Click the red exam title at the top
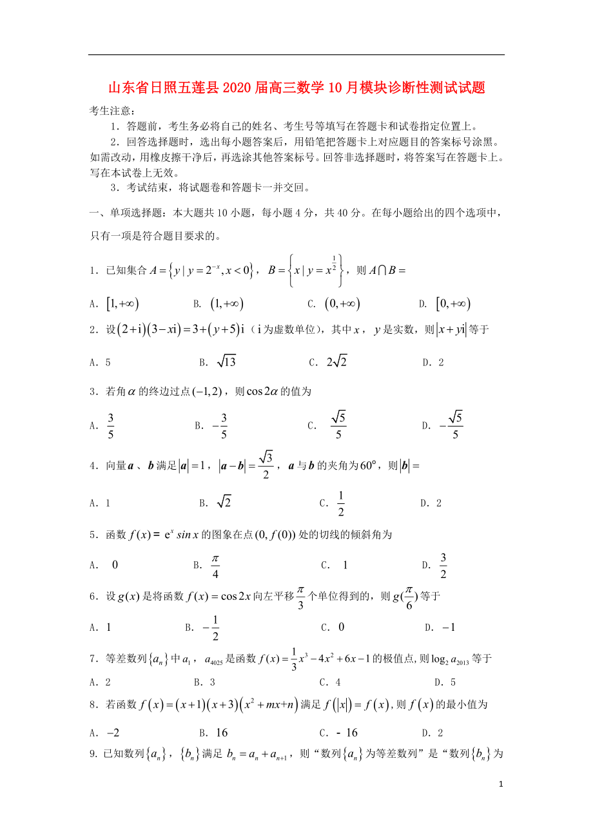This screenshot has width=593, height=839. pos(296,88)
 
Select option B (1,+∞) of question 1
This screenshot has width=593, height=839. pos(226,304)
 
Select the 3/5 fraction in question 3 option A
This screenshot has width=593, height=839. pos(111,425)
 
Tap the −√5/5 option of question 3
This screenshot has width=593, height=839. pos(451,425)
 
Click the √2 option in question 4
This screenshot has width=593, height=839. pos(223,503)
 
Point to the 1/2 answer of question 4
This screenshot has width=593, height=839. pos(340,503)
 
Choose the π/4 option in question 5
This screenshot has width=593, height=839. pos(215,565)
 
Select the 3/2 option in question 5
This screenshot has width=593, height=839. pos(443,565)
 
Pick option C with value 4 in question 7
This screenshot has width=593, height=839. pos(338,682)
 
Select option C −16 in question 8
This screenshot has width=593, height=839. pos(347,733)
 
